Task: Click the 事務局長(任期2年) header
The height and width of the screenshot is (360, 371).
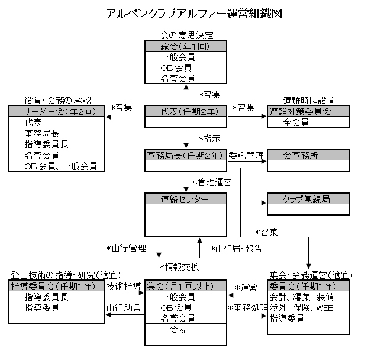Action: [185, 156]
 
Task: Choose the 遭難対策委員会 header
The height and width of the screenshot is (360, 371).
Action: [300, 111]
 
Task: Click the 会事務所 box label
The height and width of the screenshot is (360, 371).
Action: [300, 156]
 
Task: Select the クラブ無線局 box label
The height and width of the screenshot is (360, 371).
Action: [300, 200]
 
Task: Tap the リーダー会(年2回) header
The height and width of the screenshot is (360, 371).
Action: [56, 111]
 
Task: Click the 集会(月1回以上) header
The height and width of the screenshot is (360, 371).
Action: [185, 286]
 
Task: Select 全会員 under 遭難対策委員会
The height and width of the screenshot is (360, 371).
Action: [296, 122]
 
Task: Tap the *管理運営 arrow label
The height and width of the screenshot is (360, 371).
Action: [211, 182]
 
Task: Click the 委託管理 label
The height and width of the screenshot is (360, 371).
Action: [246, 156]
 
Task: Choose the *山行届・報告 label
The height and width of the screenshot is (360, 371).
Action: [236, 247]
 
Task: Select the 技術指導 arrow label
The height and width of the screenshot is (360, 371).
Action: [124, 286]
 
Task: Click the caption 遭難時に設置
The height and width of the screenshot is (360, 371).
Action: [307, 98]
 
